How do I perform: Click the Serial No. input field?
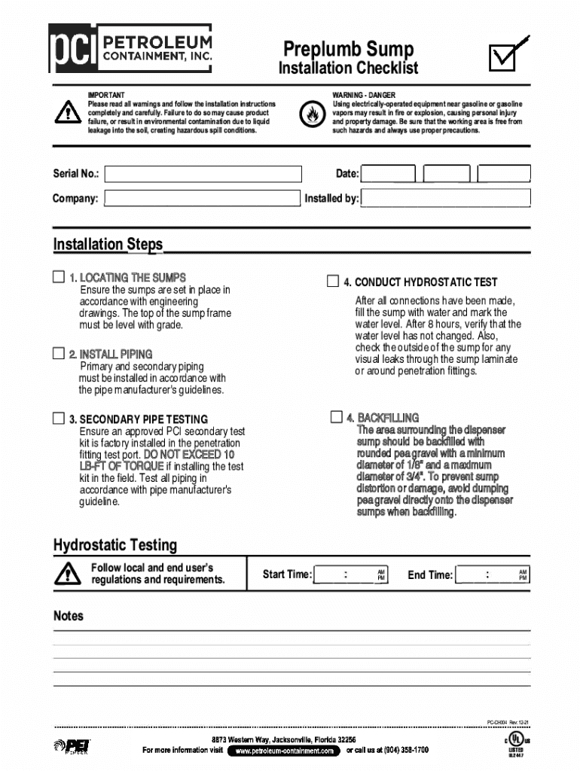203,174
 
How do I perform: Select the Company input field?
202,199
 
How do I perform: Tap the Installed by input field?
445,199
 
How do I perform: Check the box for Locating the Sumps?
59,277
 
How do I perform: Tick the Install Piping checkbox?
59,353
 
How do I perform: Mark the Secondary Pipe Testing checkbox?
59,418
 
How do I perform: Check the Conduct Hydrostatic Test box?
333,282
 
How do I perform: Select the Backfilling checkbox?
336,417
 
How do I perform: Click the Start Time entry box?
350,574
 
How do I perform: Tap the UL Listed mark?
516,744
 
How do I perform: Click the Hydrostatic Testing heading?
115,545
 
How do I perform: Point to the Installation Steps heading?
108,245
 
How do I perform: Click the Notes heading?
69,616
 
